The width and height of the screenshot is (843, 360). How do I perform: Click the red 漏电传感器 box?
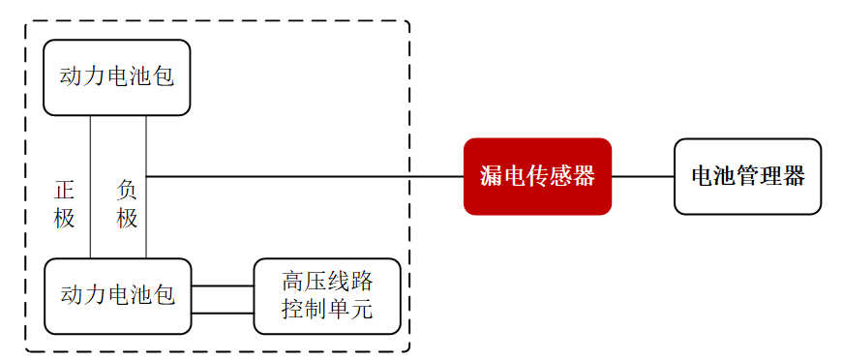point(537,176)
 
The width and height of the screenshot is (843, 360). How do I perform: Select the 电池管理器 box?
point(747,176)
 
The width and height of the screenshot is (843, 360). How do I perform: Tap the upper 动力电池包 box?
point(117,77)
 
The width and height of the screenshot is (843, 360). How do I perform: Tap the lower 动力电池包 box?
point(117,295)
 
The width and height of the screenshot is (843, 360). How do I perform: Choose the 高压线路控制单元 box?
point(327,296)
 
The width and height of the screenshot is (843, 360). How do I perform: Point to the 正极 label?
point(64,203)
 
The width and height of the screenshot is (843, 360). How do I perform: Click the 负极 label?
point(128,203)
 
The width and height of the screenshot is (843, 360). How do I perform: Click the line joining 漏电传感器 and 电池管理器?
point(643,177)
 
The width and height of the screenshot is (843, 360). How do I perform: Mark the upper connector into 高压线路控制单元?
point(222,286)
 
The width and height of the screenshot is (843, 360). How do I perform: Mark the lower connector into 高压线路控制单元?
point(222,314)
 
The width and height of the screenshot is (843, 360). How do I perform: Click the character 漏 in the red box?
point(492,176)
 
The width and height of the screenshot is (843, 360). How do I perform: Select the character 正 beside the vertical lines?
point(64,190)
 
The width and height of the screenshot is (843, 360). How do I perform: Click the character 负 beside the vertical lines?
point(128,190)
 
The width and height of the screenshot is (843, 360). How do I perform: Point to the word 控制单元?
point(327,310)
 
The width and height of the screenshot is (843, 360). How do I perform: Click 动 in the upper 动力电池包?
point(71,77)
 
